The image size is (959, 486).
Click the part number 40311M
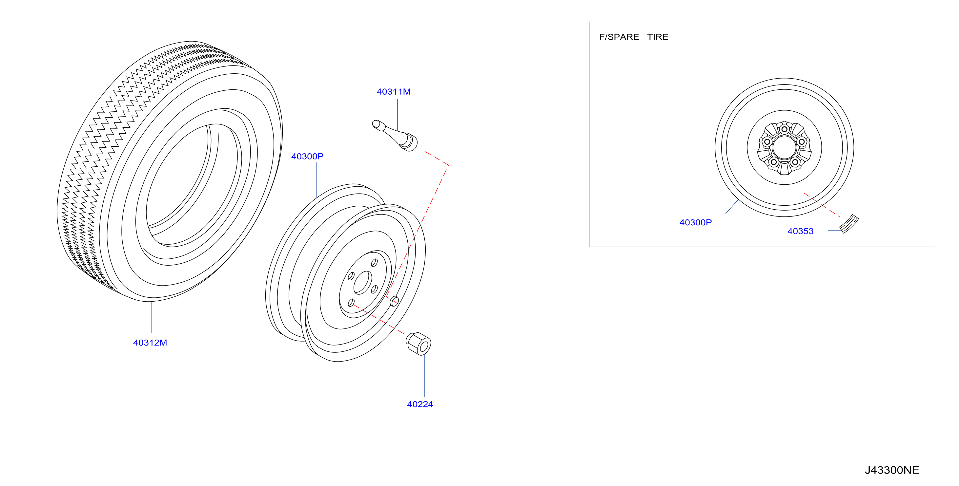tap(394, 91)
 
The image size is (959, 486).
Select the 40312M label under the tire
tap(150, 343)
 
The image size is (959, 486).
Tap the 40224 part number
tap(420, 404)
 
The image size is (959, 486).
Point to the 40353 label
tap(800, 231)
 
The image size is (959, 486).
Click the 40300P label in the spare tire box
tap(695, 222)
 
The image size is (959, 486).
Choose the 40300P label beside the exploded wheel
tap(307, 156)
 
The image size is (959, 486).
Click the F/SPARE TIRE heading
tap(634, 37)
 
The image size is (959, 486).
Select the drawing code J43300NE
tap(892, 470)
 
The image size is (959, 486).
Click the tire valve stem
tap(395, 135)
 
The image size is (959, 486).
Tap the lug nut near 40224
tap(418, 344)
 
